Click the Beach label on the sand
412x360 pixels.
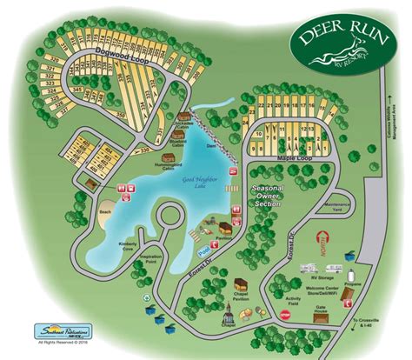click(x=105, y=211)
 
